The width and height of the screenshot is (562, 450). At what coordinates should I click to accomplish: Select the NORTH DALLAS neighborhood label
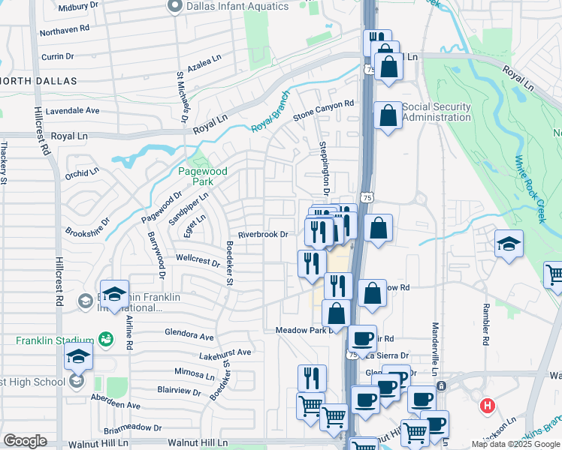[38, 81]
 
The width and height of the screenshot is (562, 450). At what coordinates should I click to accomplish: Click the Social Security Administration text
[437, 112]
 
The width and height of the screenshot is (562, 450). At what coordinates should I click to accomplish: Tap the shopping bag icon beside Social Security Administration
[388, 115]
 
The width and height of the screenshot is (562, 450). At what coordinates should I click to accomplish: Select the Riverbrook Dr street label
[264, 235]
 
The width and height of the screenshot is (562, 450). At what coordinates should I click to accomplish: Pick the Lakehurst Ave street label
[225, 352]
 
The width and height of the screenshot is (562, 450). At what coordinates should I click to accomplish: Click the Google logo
[25, 441]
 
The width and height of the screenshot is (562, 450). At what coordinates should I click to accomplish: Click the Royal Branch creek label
[269, 116]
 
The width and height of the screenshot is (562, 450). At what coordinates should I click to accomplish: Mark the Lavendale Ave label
[72, 110]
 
